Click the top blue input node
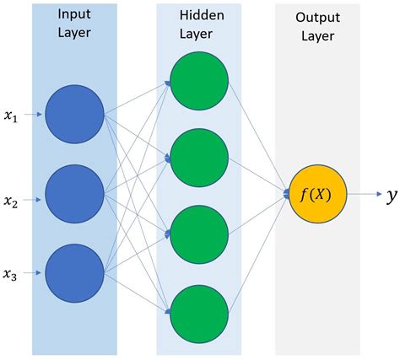(x=74, y=114)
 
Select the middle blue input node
(x=74, y=195)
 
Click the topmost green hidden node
(x=199, y=82)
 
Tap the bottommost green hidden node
(x=199, y=313)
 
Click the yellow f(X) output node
(x=317, y=196)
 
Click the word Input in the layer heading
(x=74, y=15)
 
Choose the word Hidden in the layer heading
(x=199, y=16)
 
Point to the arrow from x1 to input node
(x=35, y=115)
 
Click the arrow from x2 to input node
(x=35, y=199)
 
